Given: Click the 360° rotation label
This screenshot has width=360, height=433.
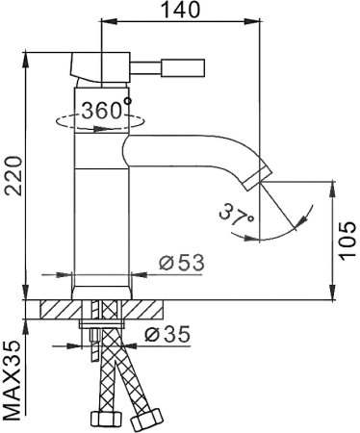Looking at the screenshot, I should (x=105, y=111).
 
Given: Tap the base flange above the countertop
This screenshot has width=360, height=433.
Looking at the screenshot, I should (x=101, y=291).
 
